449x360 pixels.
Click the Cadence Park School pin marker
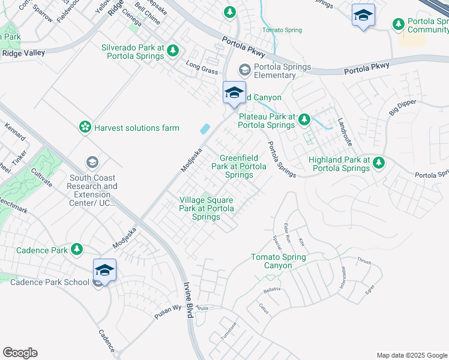(x=104, y=271)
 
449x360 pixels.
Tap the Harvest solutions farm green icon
(x=85, y=127)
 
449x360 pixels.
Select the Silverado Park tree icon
(x=173, y=50)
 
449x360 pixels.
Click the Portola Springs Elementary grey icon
(x=244, y=67)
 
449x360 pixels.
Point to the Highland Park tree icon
(x=378, y=162)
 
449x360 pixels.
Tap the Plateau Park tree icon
(x=304, y=119)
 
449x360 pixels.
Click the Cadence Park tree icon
(x=77, y=249)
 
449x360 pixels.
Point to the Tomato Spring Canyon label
(x=279, y=261)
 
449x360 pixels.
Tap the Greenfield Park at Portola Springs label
(x=239, y=166)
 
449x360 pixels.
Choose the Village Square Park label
(x=206, y=208)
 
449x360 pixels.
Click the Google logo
(x=20, y=353)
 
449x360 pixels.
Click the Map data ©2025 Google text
(x=411, y=355)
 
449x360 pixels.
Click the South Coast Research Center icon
(x=92, y=162)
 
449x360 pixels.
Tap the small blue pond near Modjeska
(x=205, y=128)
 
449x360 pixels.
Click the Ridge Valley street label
(x=24, y=53)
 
